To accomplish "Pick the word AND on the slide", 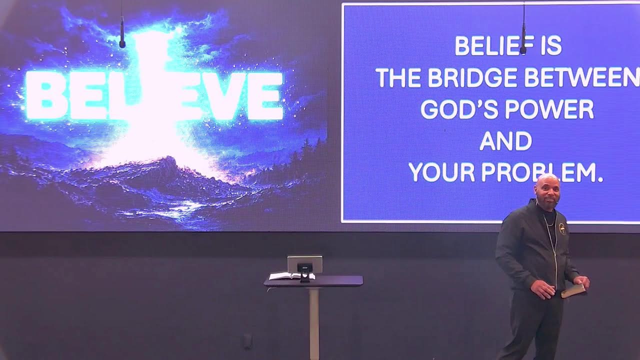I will click(x=505, y=141).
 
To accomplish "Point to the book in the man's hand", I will click(x=573, y=290).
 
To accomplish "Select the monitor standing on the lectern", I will click(x=304, y=265).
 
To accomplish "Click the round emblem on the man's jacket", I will click(x=563, y=229).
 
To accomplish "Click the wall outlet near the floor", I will click(x=247, y=341).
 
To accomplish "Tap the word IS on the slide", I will click(x=551, y=46).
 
